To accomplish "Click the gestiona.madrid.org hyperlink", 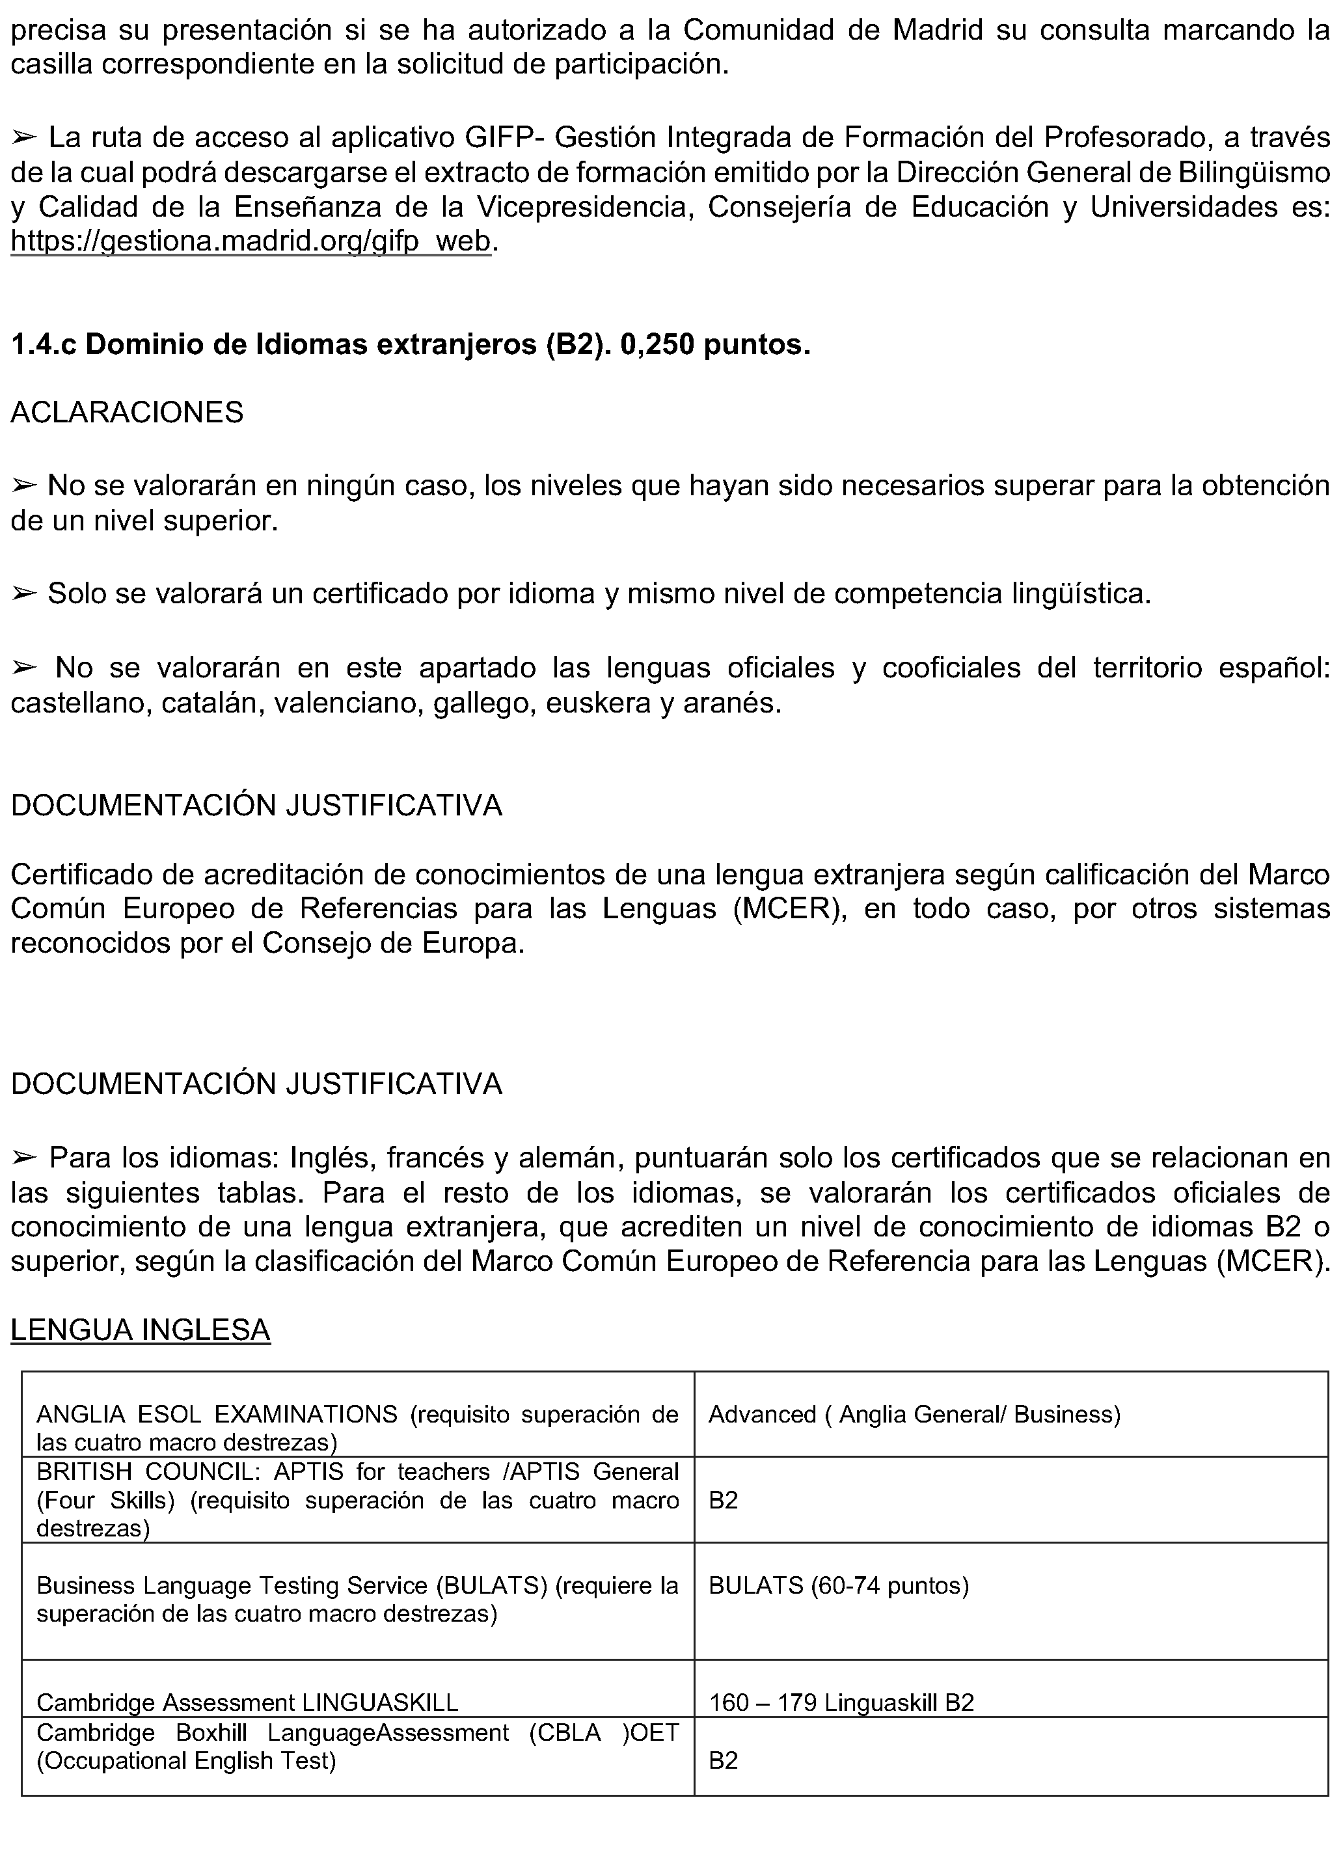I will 251,241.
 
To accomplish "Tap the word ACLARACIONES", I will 127,412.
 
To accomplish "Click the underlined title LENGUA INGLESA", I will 140,1330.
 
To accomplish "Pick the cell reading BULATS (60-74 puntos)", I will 838,1585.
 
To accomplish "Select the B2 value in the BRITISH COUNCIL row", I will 723,1500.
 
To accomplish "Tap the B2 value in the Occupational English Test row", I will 723,1760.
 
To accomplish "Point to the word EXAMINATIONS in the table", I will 306,1414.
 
